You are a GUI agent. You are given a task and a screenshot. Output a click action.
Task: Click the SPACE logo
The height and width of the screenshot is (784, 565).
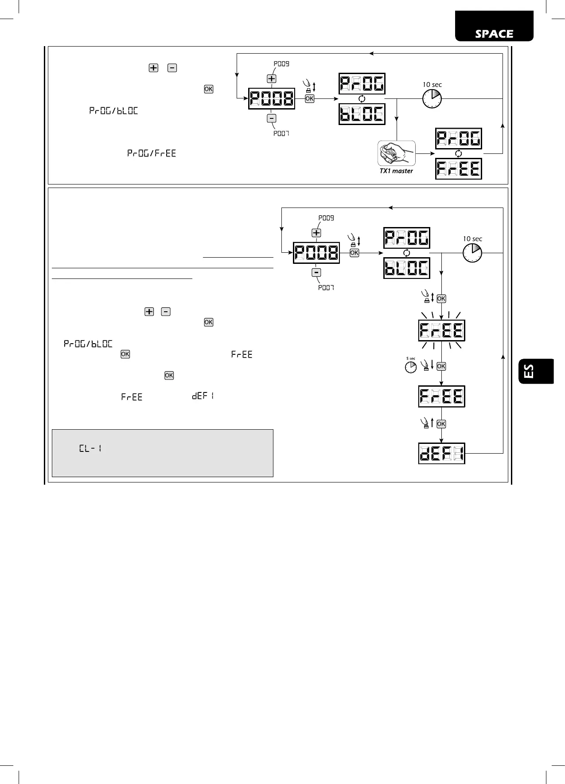pos(494,34)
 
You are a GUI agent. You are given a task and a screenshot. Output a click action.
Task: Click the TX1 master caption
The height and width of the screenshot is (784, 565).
pos(396,171)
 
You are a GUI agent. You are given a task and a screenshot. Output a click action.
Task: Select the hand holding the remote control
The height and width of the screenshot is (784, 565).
pos(396,153)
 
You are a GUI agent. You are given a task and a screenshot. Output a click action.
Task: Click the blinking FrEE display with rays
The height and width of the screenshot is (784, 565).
pos(441,330)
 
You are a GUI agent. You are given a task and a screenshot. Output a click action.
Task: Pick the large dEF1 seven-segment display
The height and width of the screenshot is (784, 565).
pos(441,453)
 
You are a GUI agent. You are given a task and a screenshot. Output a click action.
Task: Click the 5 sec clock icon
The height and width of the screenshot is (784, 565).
pos(411,367)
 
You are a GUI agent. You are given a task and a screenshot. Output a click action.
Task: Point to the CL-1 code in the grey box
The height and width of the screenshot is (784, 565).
pos(90,448)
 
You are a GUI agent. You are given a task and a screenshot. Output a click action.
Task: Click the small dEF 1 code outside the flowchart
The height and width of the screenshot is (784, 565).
pos(203,396)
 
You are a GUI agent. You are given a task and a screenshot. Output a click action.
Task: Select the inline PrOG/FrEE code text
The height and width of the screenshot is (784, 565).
pos(152,153)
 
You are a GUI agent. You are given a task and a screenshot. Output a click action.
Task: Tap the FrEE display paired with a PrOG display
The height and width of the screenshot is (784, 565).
pos(458,169)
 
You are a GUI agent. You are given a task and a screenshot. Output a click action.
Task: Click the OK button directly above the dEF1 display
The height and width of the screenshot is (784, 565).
pos(441,424)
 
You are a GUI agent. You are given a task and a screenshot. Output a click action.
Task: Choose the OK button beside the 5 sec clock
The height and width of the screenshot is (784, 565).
pos(441,366)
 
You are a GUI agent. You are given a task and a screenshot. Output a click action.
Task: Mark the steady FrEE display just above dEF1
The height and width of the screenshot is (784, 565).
pos(441,396)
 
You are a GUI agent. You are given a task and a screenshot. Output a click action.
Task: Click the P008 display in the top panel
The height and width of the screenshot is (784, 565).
pos(271,98)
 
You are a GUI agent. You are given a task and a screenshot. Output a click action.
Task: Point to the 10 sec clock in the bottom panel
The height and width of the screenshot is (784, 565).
pos(472,253)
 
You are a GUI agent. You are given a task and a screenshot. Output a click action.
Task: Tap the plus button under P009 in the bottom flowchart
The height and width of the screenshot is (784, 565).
pos(316,233)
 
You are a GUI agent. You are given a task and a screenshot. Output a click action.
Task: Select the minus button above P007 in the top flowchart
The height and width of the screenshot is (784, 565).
pos(271,118)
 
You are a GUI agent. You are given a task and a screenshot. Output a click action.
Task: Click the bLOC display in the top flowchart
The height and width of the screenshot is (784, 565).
pos(362,114)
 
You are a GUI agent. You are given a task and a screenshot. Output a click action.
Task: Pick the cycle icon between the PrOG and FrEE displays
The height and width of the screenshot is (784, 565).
pos(458,153)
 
